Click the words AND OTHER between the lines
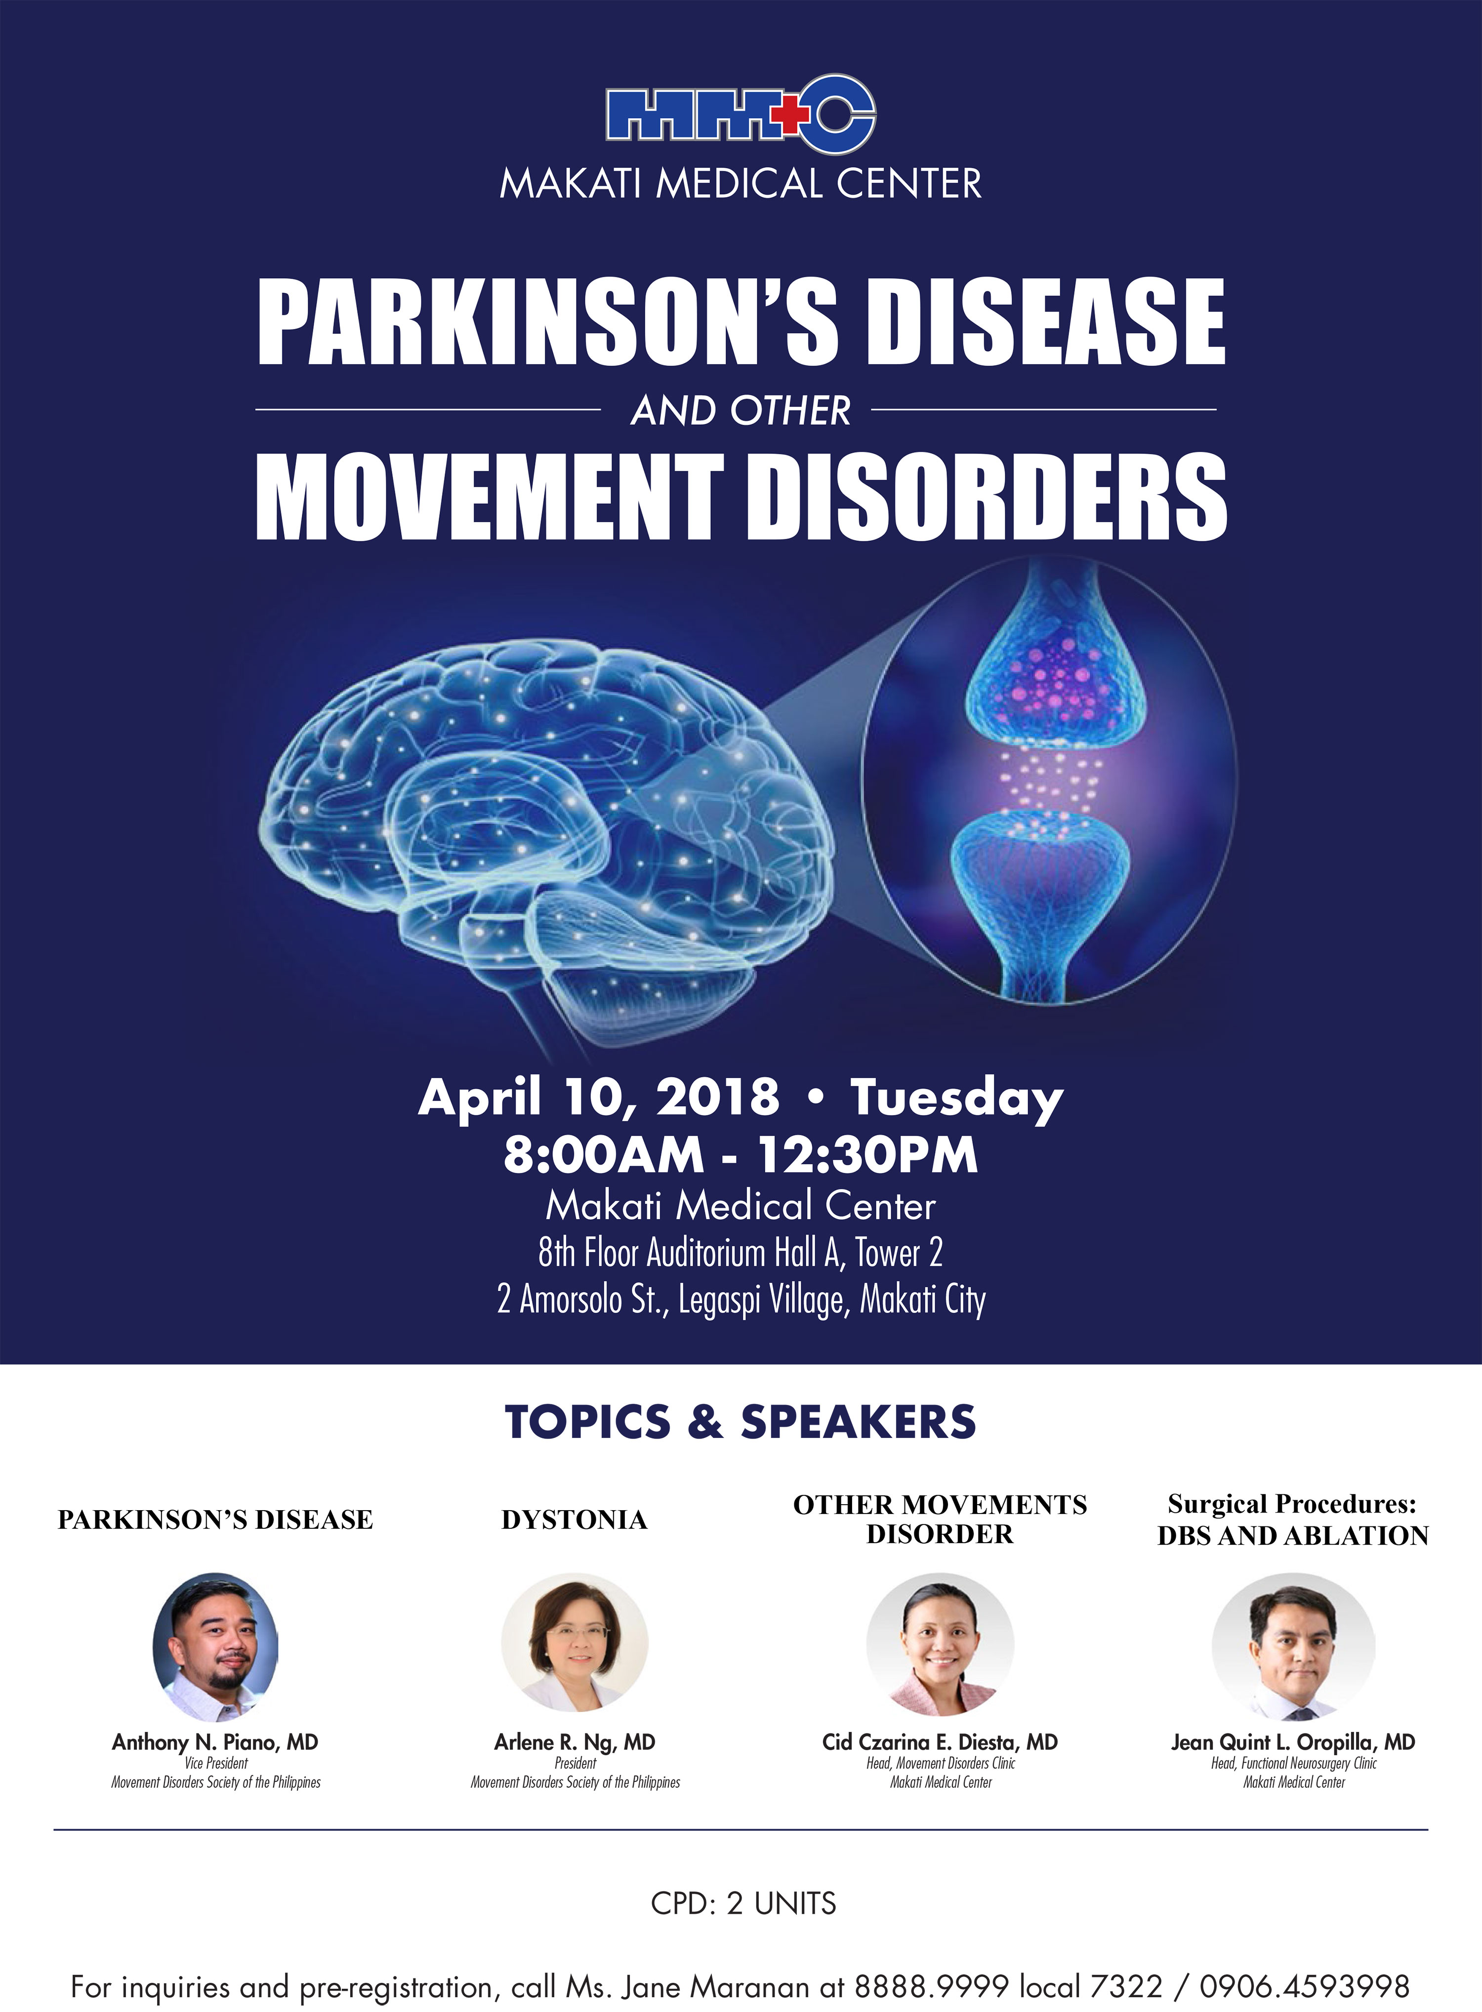coord(741,411)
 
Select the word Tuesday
coord(956,1099)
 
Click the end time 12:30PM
coord(868,1154)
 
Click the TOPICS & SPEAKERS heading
coord(740,1422)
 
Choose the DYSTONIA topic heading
coord(574,1519)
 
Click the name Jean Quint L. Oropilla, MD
coord(1293,1742)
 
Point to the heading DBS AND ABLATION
coord(1293,1536)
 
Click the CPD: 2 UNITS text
coord(743,1903)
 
